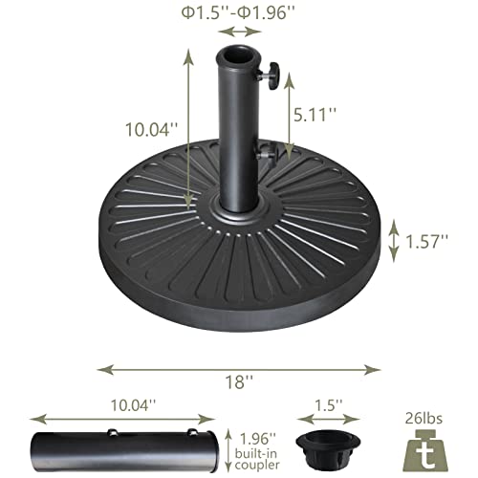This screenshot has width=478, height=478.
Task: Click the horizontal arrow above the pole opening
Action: tap(239, 32)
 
